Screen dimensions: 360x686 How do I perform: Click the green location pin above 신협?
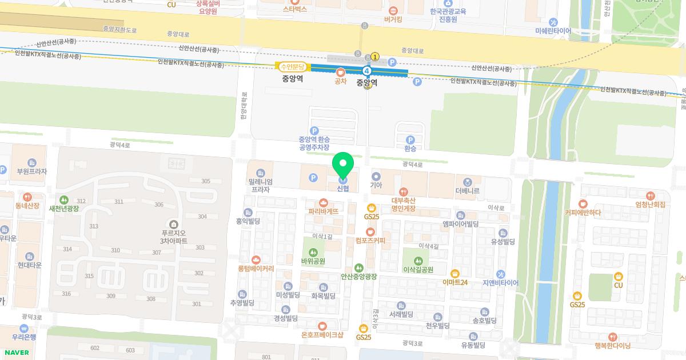point(343,166)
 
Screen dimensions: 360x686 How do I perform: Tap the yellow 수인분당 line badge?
point(292,67)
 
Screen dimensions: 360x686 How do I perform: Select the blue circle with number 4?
point(367,71)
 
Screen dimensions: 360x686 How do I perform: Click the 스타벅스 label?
point(295,9)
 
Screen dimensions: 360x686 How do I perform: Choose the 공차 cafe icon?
point(341,72)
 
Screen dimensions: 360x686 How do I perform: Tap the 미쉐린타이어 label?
point(553,30)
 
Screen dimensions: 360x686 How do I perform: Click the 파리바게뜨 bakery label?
point(324,211)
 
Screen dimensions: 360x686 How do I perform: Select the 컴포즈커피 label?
point(370,240)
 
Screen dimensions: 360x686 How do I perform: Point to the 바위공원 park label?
point(313,261)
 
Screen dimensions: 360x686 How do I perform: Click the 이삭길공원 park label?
point(418,269)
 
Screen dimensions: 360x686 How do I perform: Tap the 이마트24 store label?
point(455,282)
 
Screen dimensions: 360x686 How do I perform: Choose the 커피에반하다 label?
point(583,213)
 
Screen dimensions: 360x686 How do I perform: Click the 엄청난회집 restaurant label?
point(651,204)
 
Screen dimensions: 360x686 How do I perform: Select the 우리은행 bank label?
point(23,337)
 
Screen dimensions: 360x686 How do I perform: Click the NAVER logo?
point(15,353)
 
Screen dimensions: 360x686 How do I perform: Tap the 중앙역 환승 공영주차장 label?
point(314,142)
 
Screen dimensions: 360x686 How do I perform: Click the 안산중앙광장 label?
point(359,277)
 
